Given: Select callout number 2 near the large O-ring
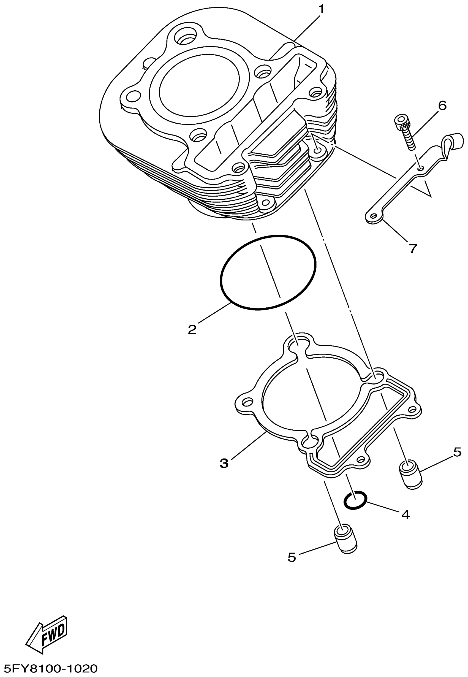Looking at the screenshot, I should pyautogui.click(x=192, y=330).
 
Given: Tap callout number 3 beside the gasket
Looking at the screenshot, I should pyautogui.click(x=224, y=464).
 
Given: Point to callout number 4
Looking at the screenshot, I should pyautogui.click(x=405, y=514).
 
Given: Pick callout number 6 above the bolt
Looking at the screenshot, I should pyautogui.click(x=442, y=105).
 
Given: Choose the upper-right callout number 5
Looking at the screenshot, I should pyautogui.click(x=458, y=452).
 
